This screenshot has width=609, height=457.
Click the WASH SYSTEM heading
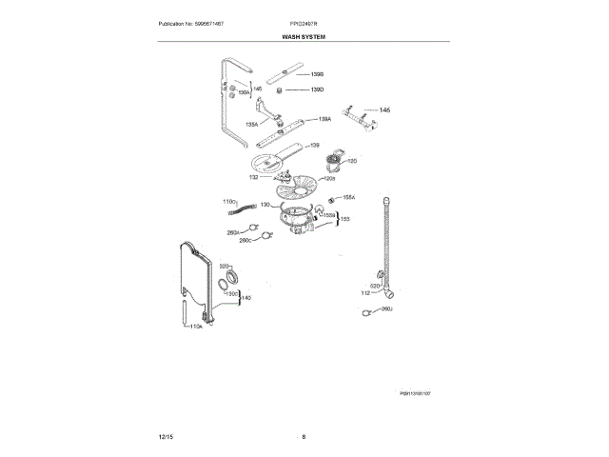click(x=304, y=36)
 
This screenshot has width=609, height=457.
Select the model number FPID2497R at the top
click(x=304, y=22)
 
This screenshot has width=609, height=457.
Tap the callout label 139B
click(x=318, y=73)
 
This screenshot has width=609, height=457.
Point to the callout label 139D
click(x=318, y=89)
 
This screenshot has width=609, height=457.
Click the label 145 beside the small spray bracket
click(x=384, y=110)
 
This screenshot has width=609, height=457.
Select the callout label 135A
click(x=252, y=124)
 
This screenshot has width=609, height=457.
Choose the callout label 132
click(x=254, y=177)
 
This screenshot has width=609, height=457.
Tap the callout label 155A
click(x=348, y=197)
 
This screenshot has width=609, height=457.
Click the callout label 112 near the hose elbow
click(x=364, y=293)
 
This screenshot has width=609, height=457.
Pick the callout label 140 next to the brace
click(x=246, y=298)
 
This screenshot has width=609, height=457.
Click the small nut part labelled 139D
click(x=281, y=90)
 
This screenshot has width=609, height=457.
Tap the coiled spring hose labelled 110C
click(x=249, y=209)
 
